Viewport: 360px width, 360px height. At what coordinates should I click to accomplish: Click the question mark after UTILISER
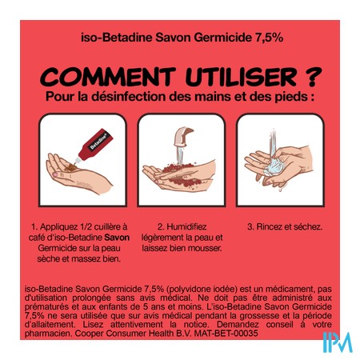coord(313,77)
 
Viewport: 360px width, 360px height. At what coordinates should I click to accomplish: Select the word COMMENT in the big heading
coord(108,77)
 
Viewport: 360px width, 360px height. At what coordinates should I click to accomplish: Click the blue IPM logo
coord(338,342)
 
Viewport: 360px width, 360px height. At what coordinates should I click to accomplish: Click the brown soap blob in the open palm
coord(70,167)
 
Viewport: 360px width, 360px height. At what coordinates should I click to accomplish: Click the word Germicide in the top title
coord(222,38)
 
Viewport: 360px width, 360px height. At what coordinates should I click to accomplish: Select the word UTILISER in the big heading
coord(242,77)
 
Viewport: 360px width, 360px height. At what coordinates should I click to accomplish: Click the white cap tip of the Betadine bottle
coord(78,160)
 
